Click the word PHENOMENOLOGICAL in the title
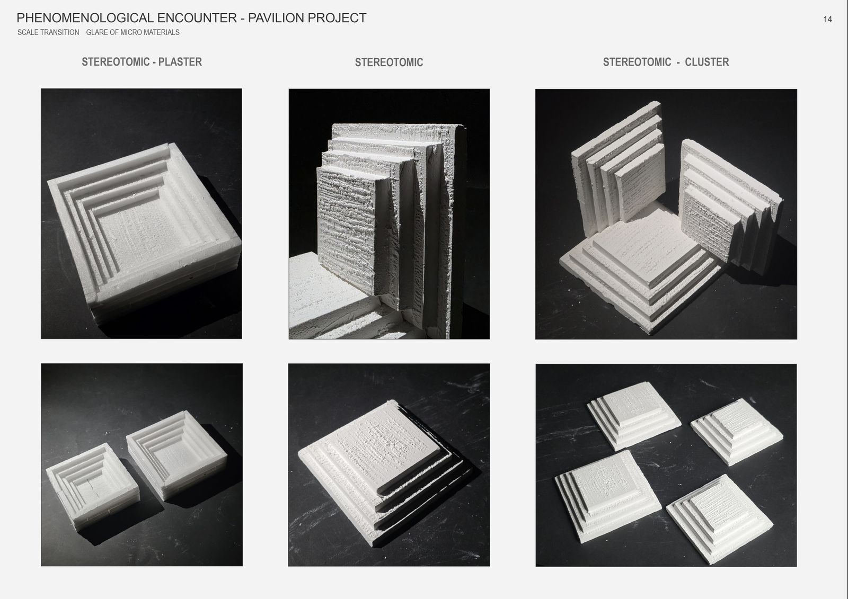(x=85, y=18)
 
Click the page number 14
(x=827, y=19)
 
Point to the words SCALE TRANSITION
(x=48, y=32)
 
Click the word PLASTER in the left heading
(x=180, y=61)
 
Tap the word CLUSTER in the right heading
(x=706, y=62)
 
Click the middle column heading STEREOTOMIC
(x=389, y=62)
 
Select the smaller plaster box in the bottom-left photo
(x=93, y=486)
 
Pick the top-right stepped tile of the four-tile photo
(x=737, y=431)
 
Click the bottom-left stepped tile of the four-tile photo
(x=607, y=496)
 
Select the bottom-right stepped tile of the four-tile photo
(x=719, y=518)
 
